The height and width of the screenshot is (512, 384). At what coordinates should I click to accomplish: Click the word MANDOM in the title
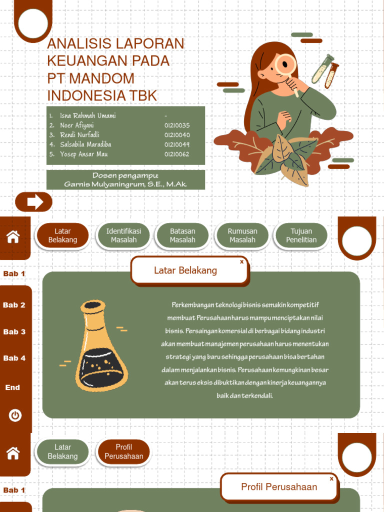click(102, 78)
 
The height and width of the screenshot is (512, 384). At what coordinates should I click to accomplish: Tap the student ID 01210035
click(177, 125)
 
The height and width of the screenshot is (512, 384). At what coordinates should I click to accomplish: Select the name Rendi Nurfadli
click(79, 135)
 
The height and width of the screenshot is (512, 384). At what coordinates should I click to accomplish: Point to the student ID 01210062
click(177, 154)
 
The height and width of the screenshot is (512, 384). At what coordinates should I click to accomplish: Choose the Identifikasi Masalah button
click(123, 235)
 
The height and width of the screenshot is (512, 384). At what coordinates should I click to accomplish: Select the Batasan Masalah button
click(182, 235)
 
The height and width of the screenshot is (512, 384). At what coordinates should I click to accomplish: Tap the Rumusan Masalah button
click(242, 235)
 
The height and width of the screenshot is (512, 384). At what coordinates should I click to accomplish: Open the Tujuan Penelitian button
click(301, 235)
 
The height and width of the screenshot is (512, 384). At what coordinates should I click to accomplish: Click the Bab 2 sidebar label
click(14, 305)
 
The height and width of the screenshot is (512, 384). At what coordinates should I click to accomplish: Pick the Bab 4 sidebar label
click(14, 358)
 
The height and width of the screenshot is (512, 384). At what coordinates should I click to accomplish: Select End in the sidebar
click(12, 387)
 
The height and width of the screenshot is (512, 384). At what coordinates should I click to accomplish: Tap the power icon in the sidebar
click(15, 415)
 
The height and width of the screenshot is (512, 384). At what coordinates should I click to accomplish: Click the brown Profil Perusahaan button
click(123, 452)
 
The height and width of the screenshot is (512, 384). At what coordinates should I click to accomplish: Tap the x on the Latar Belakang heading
click(241, 261)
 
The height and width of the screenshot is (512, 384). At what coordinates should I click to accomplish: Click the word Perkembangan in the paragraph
click(193, 305)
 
